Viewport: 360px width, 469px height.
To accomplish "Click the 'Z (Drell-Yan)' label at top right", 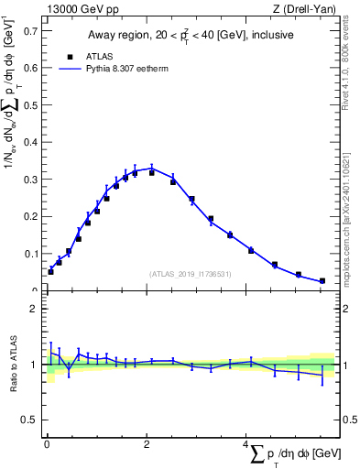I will [304, 10].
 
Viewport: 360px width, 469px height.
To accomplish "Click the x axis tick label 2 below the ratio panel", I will [147, 444].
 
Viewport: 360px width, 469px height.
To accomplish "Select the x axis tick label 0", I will [47, 444].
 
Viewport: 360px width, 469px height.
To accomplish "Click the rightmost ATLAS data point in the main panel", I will [322, 281].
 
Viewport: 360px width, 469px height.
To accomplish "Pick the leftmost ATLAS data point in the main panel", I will [50, 271].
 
